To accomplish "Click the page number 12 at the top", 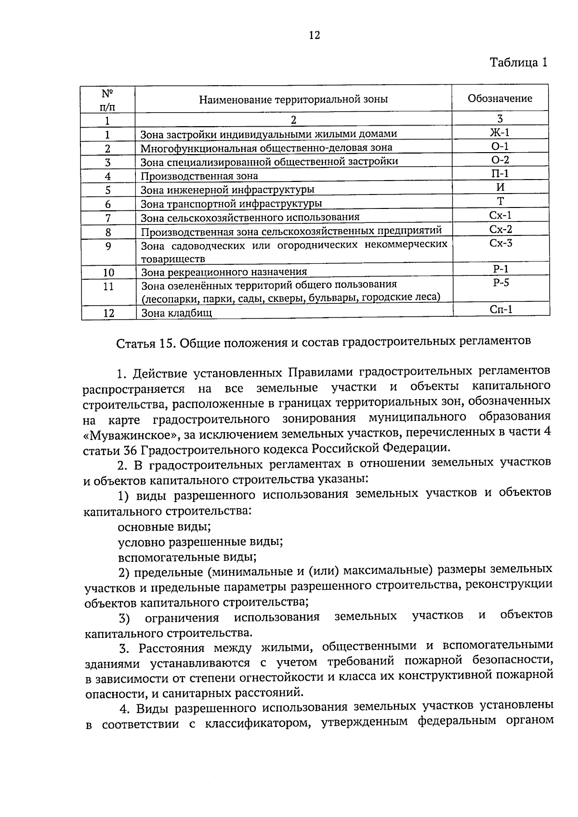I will coord(314,35).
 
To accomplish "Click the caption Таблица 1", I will coord(518,63).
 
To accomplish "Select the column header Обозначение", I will coord(500,99).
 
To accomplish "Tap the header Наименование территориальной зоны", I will coord(293,100).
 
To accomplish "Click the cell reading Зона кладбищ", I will coord(176,313).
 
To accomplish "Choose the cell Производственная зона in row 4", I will coord(199,176).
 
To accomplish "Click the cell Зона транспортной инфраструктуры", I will coord(231,204).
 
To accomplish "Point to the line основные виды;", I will coord(164,526).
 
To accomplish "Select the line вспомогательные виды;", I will coord(187,558).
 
